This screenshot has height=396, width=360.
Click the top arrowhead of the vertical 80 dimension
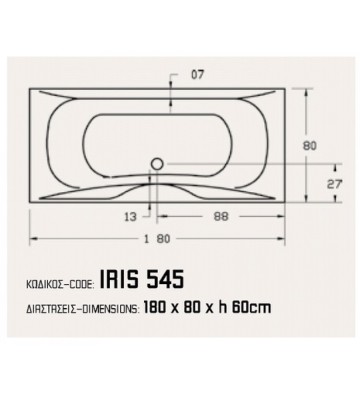[322, 98]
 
